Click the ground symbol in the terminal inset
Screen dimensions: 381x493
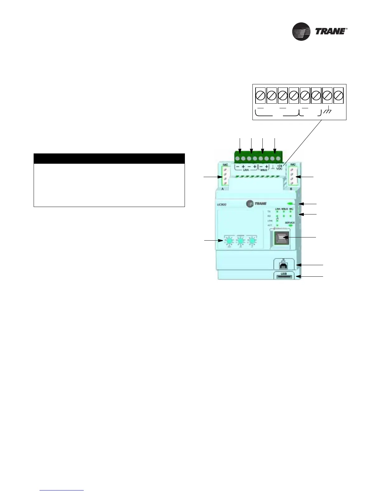pyautogui.click(x=327, y=111)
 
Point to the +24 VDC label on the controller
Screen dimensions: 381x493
pyautogui.click(x=279, y=167)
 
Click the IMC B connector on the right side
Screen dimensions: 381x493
pyautogui.click(x=292, y=176)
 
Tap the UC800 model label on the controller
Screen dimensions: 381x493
pyautogui.click(x=222, y=204)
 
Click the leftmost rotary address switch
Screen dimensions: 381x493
pyautogui.click(x=229, y=241)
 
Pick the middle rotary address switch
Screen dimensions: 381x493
pyautogui.click(x=240, y=241)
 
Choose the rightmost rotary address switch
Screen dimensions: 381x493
pyautogui.click(x=252, y=241)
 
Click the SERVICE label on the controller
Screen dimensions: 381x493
pyautogui.click(x=290, y=223)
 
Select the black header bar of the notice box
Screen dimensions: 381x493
pyautogui.click(x=109, y=158)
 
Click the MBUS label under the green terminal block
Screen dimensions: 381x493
pyautogui.click(x=264, y=170)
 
